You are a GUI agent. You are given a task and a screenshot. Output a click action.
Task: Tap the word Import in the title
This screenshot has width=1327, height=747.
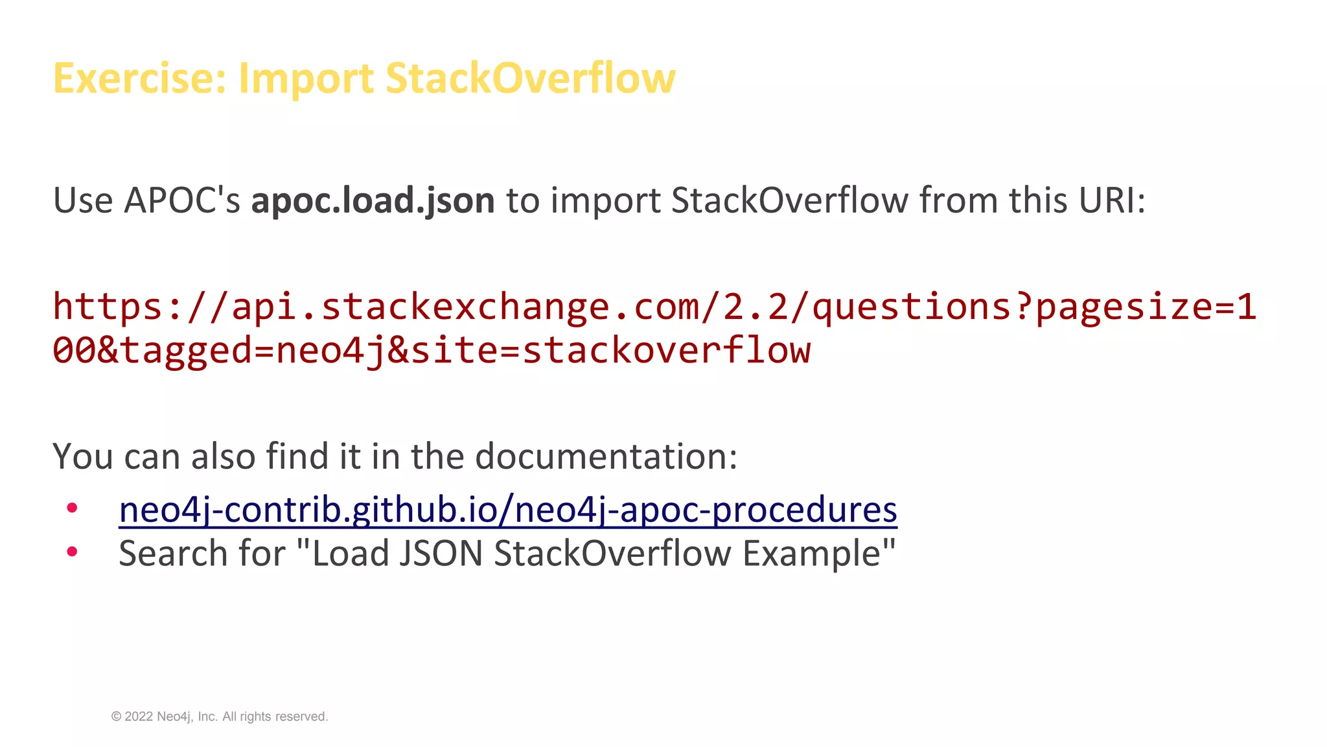pyautogui.click(x=306, y=78)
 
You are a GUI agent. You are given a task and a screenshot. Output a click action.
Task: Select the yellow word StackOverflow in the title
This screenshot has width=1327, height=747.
pyautogui.click(x=530, y=78)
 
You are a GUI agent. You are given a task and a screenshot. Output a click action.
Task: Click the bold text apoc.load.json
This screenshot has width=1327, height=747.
pyautogui.click(x=373, y=200)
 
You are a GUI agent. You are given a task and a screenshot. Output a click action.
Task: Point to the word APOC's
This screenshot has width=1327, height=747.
pyautogui.click(x=182, y=200)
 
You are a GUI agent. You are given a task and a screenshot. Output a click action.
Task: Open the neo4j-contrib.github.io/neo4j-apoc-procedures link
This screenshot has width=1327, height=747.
pyautogui.click(x=508, y=510)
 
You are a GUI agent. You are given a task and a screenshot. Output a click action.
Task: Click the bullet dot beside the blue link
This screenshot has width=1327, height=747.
pyautogui.click(x=72, y=508)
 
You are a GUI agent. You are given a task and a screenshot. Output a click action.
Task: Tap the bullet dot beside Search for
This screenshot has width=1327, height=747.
pyautogui.click(x=72, y=552)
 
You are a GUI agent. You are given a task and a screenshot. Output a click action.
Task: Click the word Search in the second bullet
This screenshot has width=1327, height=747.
pyautogui.click(x=173, y=554)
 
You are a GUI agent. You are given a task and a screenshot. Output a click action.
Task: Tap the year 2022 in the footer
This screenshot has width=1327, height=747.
pyautogui.click(x=139, y=717)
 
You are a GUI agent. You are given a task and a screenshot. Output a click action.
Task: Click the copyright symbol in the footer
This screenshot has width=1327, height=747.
pyautogui.click(x=117, y=717)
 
